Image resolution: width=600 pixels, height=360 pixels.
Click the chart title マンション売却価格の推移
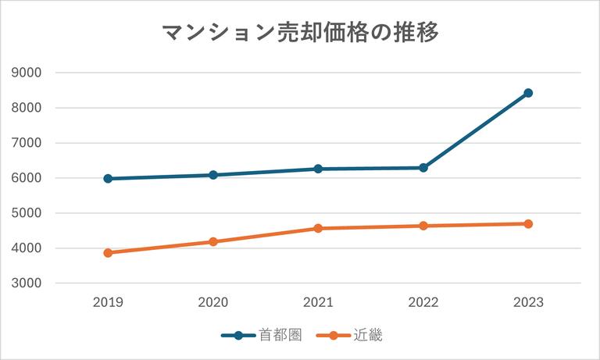(300, 34)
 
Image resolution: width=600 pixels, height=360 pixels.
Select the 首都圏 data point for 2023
(528, 93)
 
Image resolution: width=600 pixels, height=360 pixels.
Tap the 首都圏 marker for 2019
(108, 179)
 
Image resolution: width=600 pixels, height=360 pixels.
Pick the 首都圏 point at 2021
(318, 169)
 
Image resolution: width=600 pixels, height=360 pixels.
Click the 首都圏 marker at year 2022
(423, 168)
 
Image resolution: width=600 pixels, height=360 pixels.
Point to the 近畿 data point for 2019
(108, 253)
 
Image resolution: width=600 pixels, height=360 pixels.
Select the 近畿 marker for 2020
(212, 242)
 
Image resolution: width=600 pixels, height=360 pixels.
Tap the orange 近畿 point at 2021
(318, 229)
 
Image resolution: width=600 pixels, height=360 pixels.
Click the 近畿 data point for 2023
(528, 224)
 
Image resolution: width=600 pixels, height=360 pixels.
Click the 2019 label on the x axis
(108, 303)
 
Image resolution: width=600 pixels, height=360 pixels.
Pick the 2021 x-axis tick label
(318, 303)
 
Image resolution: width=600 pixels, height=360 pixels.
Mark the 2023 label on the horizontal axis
(528, 303)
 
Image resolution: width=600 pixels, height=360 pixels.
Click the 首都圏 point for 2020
(212, 175)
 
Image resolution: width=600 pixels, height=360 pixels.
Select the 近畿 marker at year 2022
(423, 226)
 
